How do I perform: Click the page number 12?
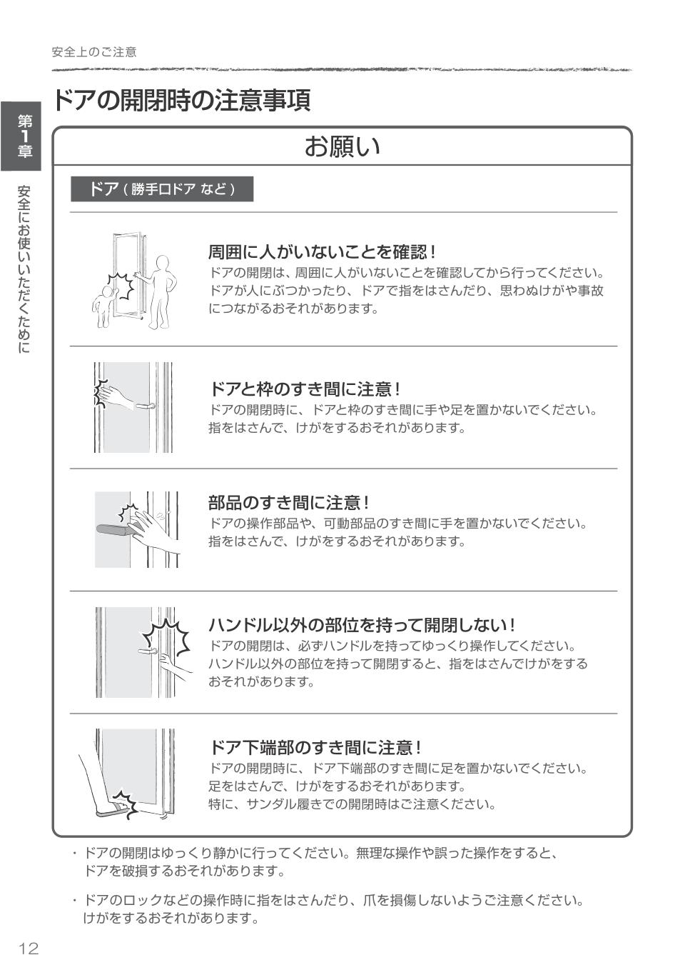[x=29, y=949]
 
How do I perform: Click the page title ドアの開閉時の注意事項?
[x=181, y=100]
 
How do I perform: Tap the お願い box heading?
[x=342, y=146]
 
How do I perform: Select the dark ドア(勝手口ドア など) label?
[x=162, y=189]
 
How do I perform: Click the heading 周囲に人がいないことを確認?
[x=321, y=252]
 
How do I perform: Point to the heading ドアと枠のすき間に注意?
[x=305, y=389]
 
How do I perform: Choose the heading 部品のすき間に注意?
[x=288, y=503]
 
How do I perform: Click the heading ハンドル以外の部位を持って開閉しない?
[x=362, y=626]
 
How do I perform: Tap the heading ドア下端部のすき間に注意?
[x=315, y=748]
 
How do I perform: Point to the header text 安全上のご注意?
[x=94, y=52]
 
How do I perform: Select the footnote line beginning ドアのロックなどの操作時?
[x=334, y=901]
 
